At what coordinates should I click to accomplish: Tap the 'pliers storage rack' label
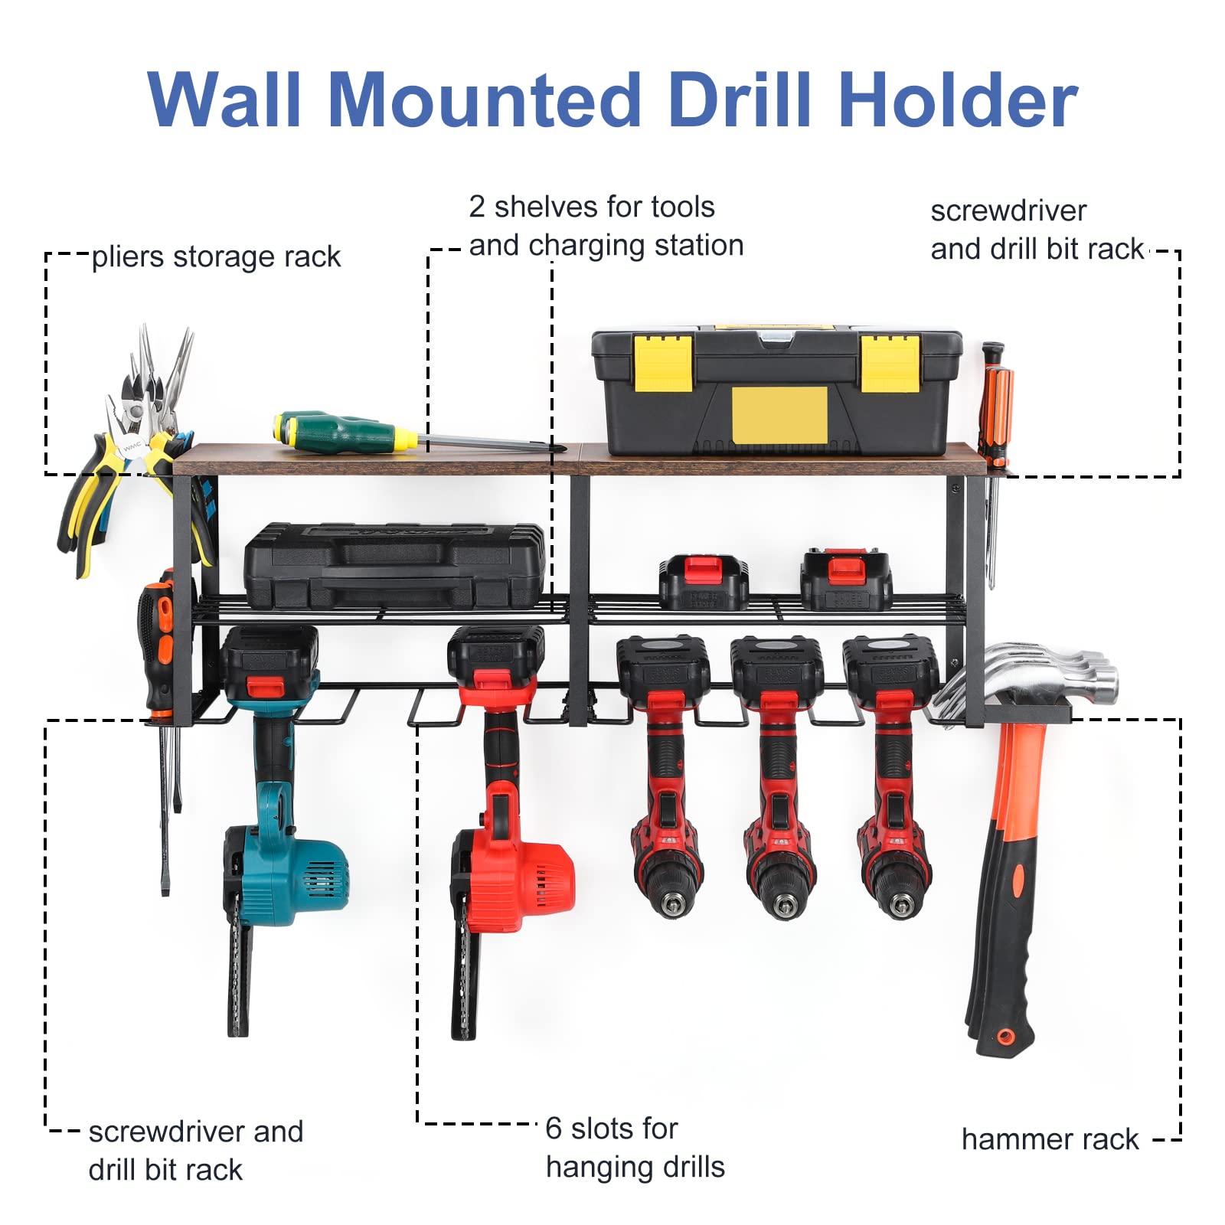(216, 257)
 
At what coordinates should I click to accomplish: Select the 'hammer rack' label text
(1050, 1139)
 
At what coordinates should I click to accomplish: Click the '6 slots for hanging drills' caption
(635, 1148)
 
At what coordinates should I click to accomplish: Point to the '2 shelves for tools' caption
(591, 207)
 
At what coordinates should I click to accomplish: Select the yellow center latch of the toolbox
(779, 415)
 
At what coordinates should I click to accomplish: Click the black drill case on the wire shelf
(394, 566)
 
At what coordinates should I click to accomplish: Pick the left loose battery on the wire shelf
(704, 583)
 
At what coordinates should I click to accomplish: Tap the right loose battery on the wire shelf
(845, 580)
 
